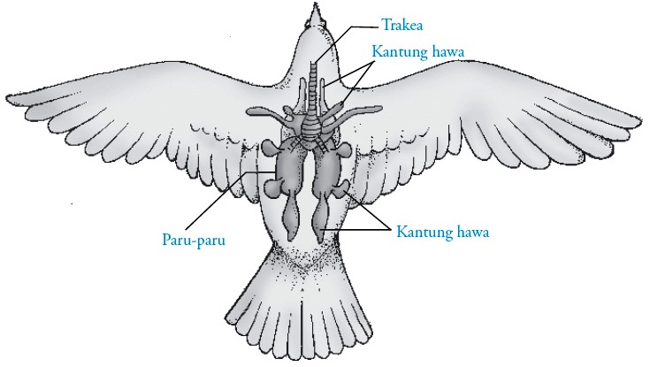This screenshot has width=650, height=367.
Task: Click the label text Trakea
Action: [x=401, y=23]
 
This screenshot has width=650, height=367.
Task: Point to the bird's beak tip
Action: [x=316, y=6]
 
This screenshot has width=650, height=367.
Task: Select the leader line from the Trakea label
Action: [x=345, y=35]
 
